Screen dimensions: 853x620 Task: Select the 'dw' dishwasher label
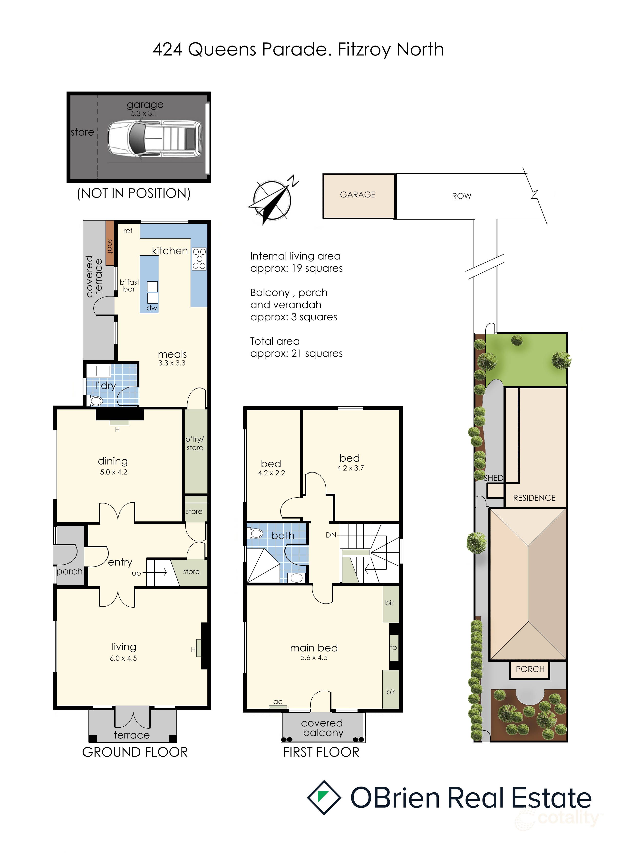click(152, 308)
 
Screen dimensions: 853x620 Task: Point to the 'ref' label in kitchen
click(128, 231)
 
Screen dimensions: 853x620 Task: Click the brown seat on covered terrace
click(109, 243)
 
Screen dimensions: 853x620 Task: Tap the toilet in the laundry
click(96, 401)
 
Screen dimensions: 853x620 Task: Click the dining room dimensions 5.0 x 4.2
click(114, 472)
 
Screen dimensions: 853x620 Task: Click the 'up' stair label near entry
click(136, 574)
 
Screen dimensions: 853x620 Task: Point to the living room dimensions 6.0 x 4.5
click(124, 658)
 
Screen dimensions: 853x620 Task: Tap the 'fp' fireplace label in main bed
click(393, 647)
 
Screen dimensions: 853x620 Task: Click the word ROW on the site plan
click(462, 196)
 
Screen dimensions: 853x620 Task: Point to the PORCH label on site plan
click(530, 669)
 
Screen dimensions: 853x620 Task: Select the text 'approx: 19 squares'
click(296, 268)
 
